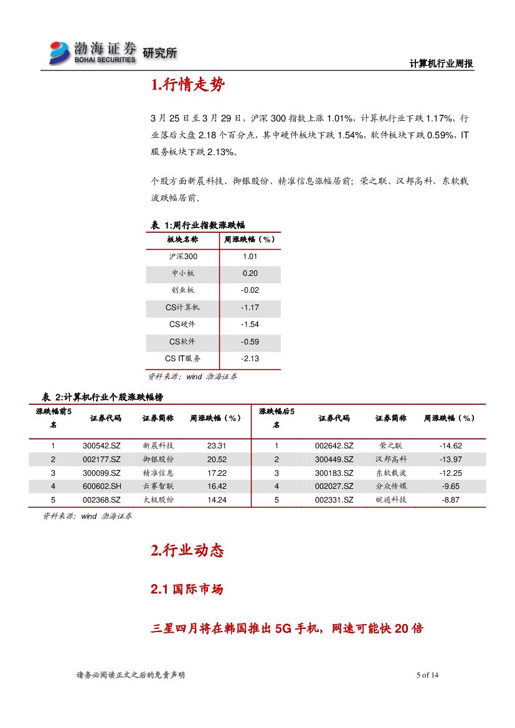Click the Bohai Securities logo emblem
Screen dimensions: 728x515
point(60,52)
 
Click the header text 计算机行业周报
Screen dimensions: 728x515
point(441,64)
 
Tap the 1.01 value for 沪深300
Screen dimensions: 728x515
point(250,256)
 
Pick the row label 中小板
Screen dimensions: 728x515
point(182,273)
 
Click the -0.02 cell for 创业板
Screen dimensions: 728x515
point(250,290)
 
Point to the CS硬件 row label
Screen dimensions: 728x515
point(182,324)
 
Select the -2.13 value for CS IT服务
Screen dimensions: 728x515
point(250,359)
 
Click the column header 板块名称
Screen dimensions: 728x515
point(182,239)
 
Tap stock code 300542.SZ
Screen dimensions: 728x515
point(102,446)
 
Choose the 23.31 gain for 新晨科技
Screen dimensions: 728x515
point(217,446)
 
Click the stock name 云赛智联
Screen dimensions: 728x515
point(158,486)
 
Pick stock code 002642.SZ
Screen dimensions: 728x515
point(334,446)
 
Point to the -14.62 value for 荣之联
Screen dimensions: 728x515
point(450,446)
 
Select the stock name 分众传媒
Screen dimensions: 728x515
point(391,486)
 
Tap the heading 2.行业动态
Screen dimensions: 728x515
point(187,551)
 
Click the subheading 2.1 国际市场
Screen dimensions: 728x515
point(187,589)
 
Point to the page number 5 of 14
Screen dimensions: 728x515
point(427,675)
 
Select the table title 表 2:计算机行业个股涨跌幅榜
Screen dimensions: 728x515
point(102,397)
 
